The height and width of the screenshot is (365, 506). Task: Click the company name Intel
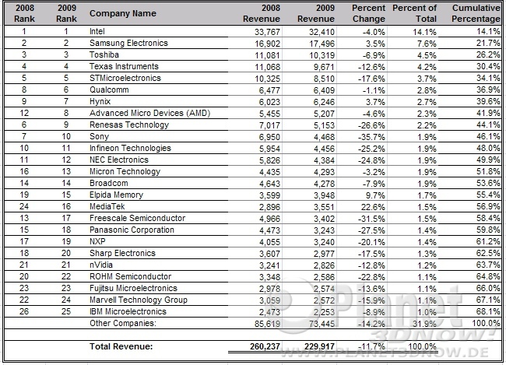pos(97,31)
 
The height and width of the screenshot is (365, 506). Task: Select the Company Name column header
pos(122,13)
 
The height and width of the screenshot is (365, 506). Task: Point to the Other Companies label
pos(124,322)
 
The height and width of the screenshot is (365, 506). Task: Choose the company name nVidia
pos(101,265)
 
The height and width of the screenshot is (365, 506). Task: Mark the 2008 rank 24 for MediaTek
pos(24,206)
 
